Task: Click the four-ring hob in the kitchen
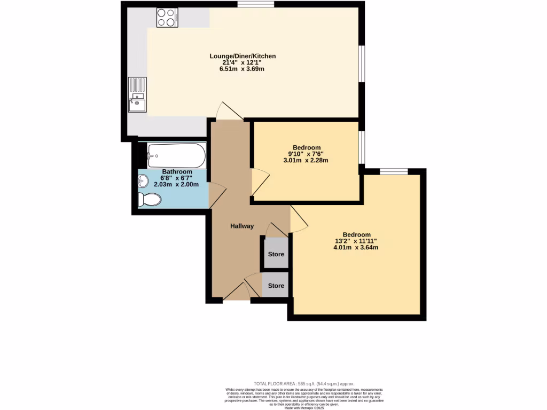[167, 18]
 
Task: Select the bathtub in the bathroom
[176, 155]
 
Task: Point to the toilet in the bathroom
[149, 200]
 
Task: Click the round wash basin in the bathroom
[143, 182]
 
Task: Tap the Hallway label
[241, 226]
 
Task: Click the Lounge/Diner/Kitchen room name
[243, 56]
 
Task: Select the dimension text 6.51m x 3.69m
[243, 69]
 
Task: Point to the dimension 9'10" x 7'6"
[307, 154]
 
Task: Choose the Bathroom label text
[177, 171]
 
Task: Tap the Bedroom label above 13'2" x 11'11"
[356, 235]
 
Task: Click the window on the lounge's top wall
[256, 5]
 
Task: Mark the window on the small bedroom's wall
[362, 146]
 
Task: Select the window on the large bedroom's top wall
[394, 171]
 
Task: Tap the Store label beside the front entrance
[276, 286]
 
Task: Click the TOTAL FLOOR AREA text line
[303, 384]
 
